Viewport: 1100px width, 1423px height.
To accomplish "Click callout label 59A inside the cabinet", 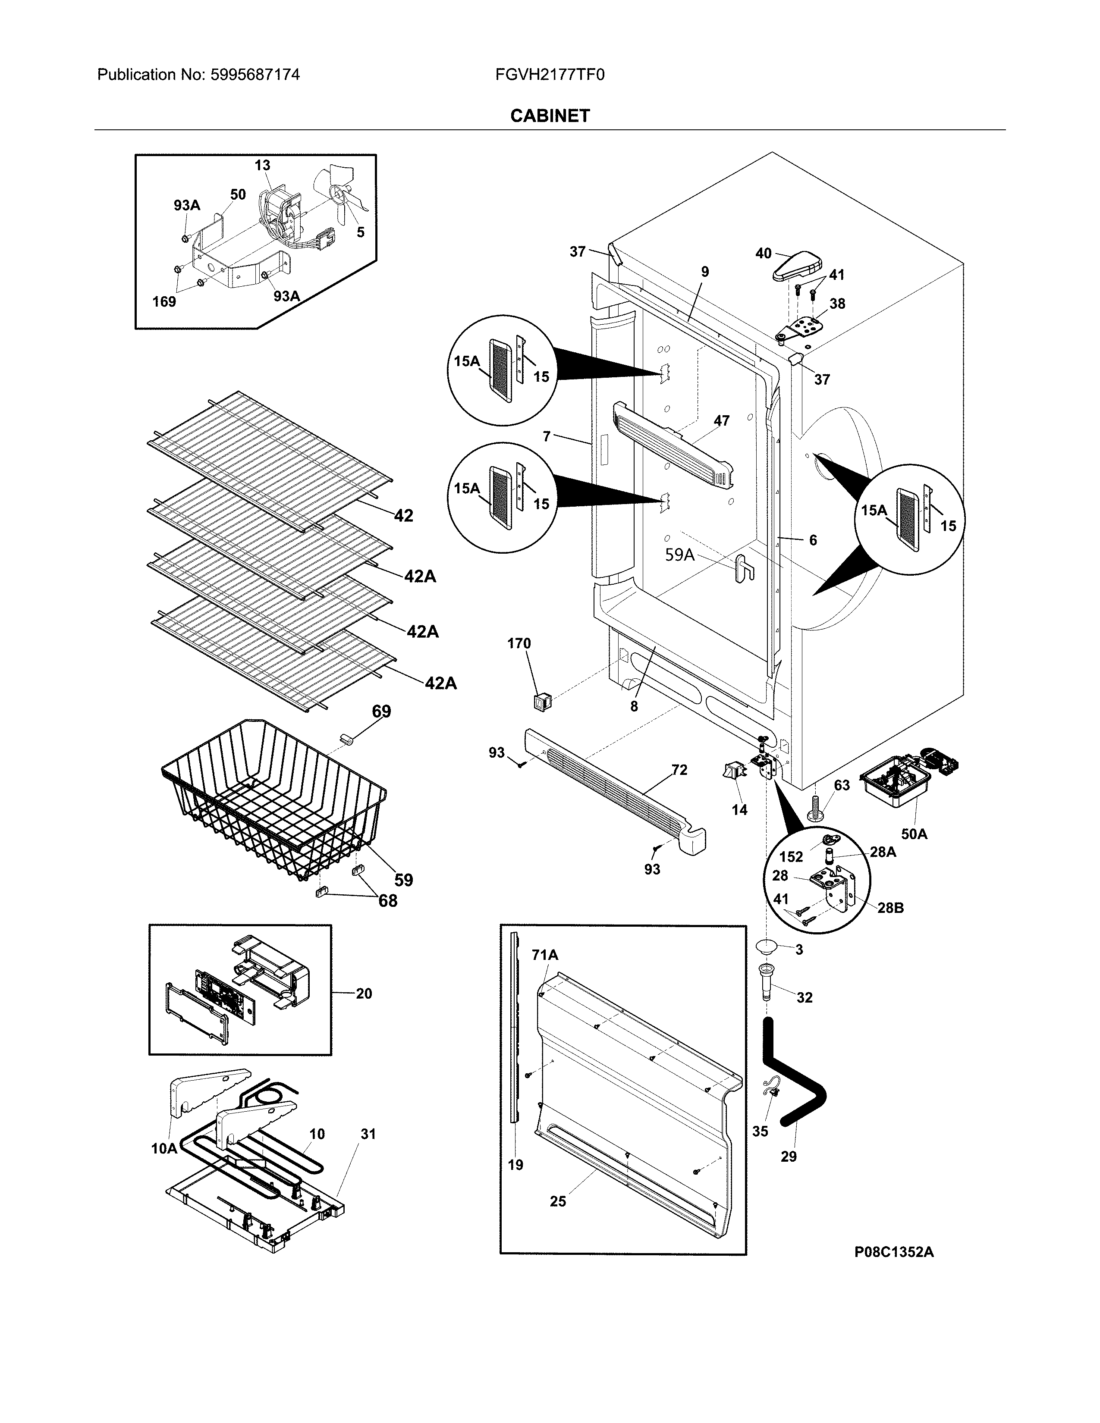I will point(680,555).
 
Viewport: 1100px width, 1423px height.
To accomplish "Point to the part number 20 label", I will point(364,993).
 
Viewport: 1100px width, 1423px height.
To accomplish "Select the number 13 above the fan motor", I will point(262,166).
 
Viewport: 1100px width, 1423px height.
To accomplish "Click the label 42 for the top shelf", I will point(403,515).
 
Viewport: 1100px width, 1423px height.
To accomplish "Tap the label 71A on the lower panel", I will point(545,955).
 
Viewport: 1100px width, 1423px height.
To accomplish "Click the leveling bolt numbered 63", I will point(814,806).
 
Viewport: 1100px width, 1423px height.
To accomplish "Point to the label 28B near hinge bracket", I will point(890,908).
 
